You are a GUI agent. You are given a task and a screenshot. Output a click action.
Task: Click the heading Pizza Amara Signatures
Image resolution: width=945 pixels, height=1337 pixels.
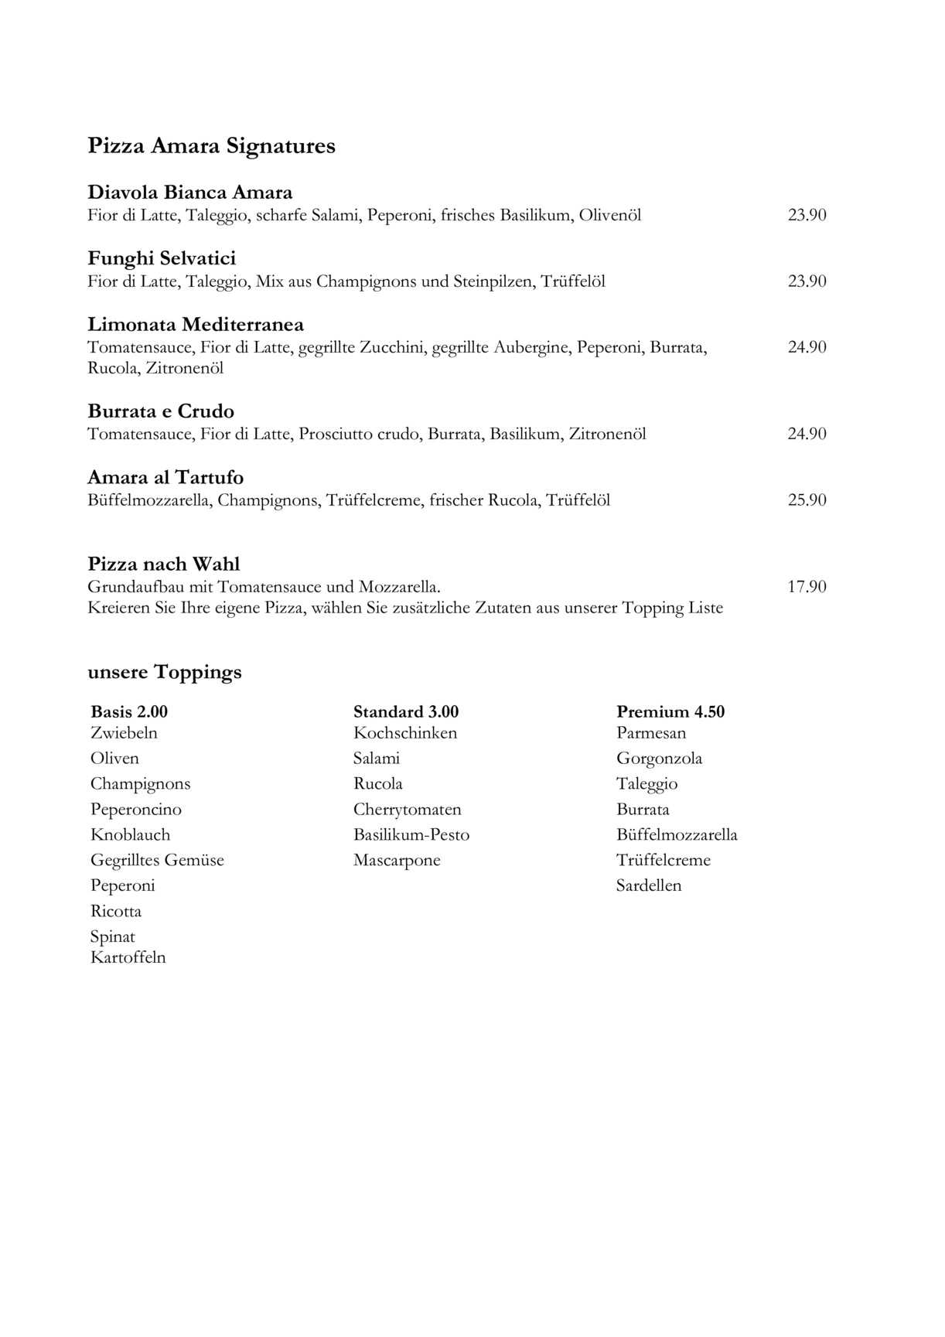pos(211,145)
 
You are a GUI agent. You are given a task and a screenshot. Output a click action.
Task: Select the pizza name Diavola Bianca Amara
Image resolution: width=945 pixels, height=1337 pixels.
pos(190,192)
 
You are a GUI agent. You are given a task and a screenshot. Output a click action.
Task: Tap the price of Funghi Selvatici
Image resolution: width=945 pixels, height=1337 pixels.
pos(807,281)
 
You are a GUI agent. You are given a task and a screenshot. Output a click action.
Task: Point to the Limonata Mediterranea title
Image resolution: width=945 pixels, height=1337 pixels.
pos(196,324)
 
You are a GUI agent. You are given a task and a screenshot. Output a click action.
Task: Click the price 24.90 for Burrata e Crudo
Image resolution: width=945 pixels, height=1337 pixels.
pos(807,434)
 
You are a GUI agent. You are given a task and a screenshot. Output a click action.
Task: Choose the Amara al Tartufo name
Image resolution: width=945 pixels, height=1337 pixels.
pos(165,477)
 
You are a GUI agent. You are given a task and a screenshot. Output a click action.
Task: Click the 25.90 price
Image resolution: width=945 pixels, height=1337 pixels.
pos(807,500)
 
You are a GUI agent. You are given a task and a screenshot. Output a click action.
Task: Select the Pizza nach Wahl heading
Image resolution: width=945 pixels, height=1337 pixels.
pos(164,564)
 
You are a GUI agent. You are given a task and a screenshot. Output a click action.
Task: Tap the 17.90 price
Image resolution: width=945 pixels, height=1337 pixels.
pos(807,587)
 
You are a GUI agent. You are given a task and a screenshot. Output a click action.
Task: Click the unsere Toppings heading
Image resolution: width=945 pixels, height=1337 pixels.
pos(165,672)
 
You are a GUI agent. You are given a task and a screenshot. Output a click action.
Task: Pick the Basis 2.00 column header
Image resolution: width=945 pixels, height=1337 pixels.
pos(129,711)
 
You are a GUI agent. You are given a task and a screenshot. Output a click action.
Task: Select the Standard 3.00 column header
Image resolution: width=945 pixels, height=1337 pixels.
pos(406,711)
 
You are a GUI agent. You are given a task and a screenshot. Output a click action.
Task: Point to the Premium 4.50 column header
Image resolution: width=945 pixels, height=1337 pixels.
pos(670,711)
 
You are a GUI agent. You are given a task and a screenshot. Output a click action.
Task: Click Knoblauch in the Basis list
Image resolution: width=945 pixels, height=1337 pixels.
pos(130,835)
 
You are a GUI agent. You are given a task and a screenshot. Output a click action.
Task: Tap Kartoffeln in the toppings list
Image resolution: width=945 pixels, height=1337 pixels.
pos(128,958)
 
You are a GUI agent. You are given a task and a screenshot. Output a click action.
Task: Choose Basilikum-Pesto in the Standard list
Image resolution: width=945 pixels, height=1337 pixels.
pos(411,835)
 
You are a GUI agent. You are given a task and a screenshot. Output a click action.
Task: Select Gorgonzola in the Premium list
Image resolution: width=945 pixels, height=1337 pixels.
pos(660,759)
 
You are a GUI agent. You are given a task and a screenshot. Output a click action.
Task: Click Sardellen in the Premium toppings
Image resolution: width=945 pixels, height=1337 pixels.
pos(649,886)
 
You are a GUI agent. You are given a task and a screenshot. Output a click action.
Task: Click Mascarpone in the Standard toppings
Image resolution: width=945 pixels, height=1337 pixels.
pos(397,861)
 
